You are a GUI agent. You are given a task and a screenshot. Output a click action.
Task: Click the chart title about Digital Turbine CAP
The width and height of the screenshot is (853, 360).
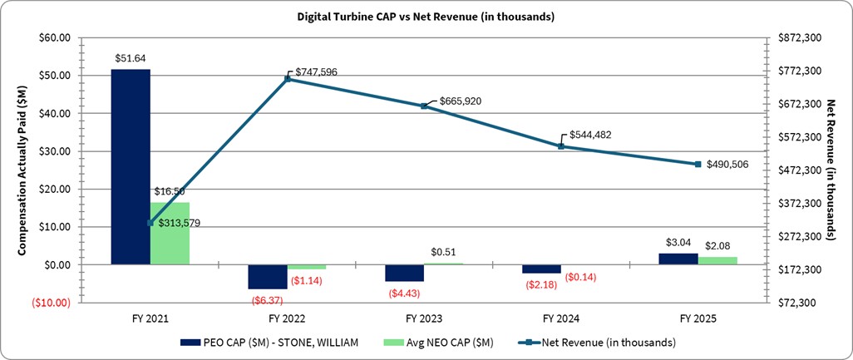click(426, 17)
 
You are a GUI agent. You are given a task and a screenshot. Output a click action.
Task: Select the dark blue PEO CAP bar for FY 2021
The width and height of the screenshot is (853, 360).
click(131, 166)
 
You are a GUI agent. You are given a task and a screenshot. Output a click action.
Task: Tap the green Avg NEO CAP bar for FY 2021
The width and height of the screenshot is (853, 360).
click(170, 233)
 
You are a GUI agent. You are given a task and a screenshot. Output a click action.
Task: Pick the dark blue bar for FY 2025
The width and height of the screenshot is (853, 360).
click(678, 259)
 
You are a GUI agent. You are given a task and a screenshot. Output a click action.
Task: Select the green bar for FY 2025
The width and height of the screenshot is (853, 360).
click(717, 260)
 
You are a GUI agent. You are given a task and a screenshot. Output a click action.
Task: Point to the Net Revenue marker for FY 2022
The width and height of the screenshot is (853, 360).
click(287, 79)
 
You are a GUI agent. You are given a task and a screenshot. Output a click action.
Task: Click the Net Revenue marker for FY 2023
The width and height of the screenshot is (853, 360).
click(424, 106)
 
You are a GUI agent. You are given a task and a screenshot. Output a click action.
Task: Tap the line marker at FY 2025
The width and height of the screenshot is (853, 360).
click(698, 164)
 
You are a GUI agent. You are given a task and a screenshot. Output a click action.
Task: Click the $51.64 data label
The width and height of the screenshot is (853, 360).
click(131, 58)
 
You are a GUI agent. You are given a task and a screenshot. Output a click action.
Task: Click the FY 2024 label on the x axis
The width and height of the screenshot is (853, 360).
click(561, 319)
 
